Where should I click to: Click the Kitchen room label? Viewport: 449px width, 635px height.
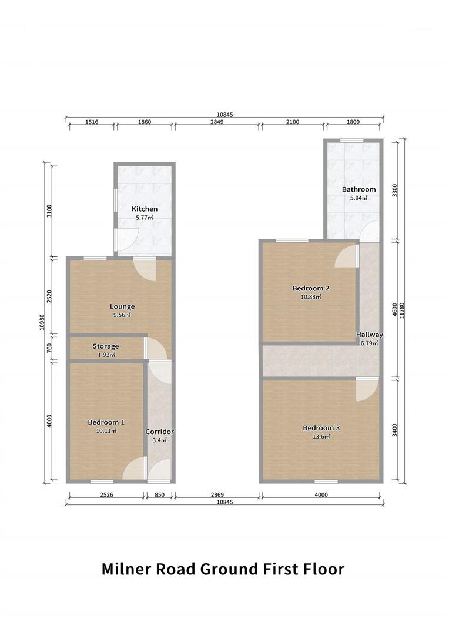pos(144,209)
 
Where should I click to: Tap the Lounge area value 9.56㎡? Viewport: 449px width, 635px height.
pos(122,315)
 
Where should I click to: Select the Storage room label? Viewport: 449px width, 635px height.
pos(105,346)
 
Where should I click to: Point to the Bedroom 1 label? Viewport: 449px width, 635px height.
pos(106,422)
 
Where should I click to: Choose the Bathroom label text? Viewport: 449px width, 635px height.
pos(358,189)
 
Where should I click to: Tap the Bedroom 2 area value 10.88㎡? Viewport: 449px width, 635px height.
pos(310,296)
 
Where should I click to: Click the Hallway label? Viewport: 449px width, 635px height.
pos(369,335)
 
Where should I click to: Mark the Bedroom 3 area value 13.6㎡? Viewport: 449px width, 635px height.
pos(321,436)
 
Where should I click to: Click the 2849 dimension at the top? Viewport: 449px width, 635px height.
pos(217,122)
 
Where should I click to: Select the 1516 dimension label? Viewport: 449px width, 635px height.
pos(91,122)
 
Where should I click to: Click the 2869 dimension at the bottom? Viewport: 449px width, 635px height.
pos(217,495)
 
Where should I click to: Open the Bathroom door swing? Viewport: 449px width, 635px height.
pos(370,232)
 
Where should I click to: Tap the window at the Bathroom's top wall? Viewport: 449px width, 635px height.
pos(352,140)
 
